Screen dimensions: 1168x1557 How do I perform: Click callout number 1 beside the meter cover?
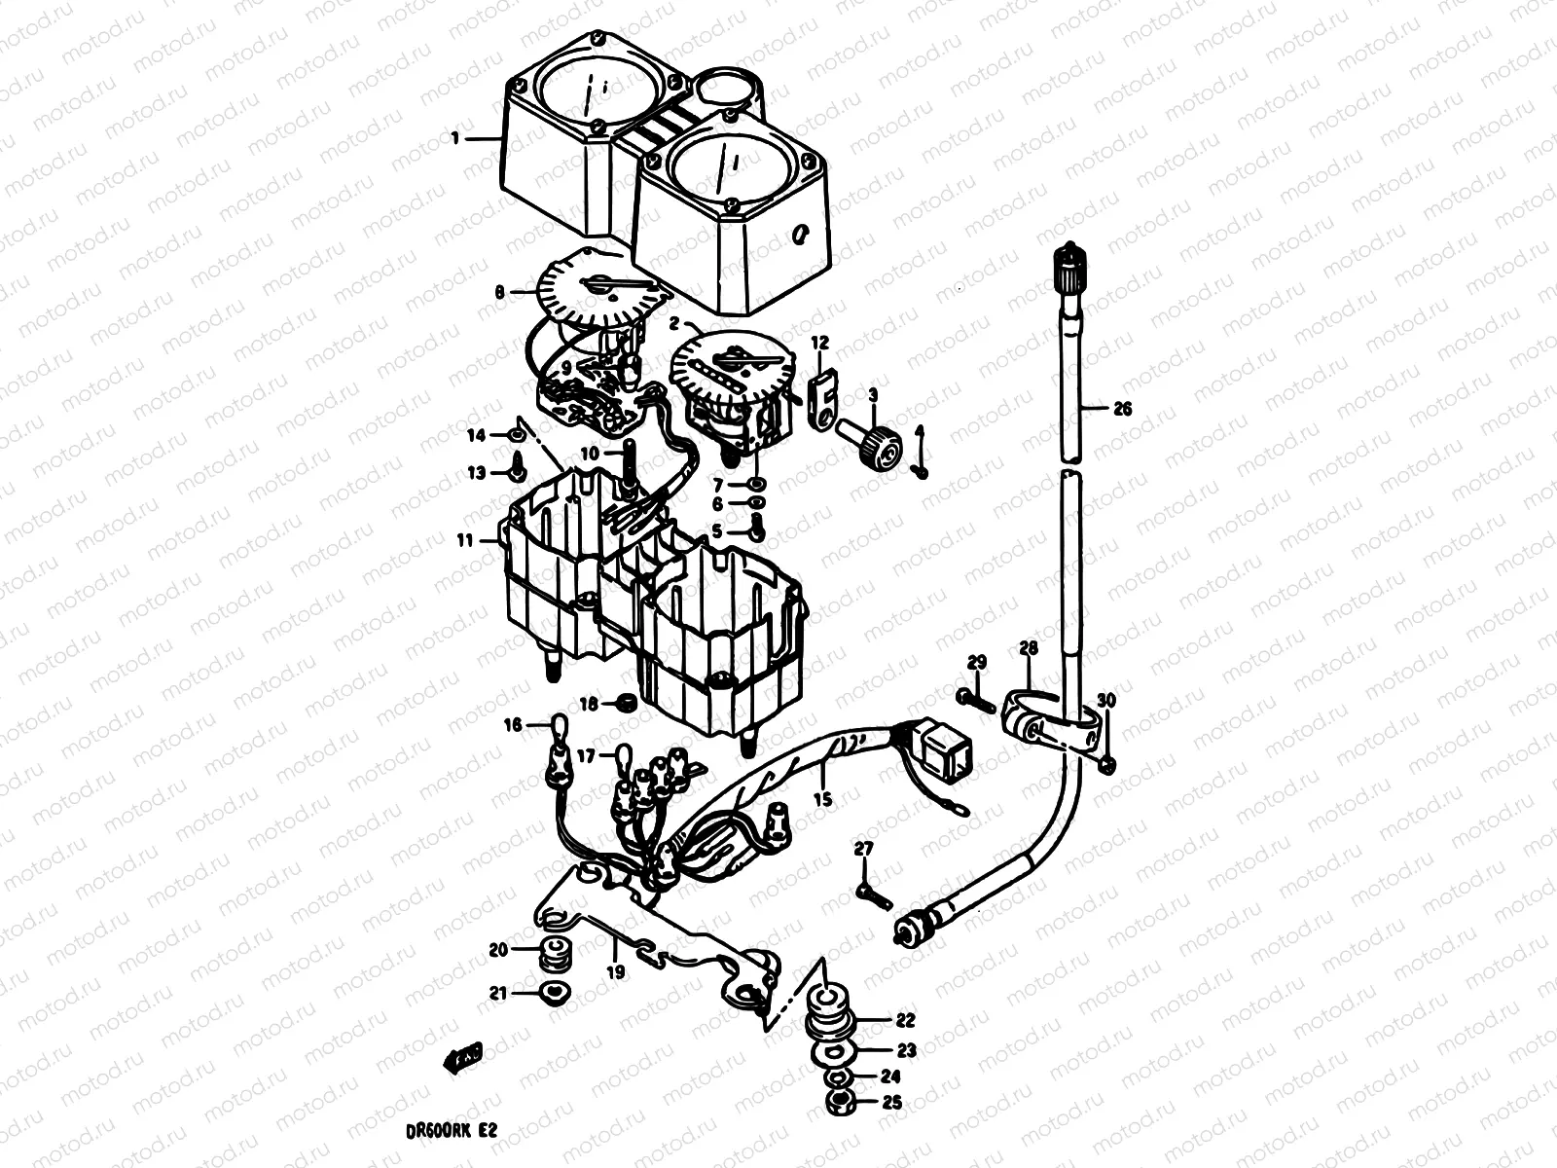454,139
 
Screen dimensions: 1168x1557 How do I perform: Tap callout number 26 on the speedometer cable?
1122,410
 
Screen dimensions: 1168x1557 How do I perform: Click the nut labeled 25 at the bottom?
836,1103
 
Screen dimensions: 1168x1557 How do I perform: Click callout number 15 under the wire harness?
823,800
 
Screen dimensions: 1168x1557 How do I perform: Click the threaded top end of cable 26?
1068,259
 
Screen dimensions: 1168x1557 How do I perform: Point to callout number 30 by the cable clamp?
1106,701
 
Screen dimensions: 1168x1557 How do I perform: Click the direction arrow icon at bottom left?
463,1058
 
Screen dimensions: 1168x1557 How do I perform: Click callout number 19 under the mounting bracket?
616,970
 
